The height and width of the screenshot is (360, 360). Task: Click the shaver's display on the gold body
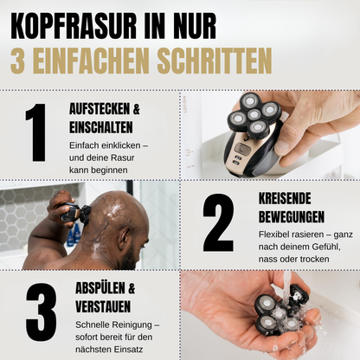coord(245,149)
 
